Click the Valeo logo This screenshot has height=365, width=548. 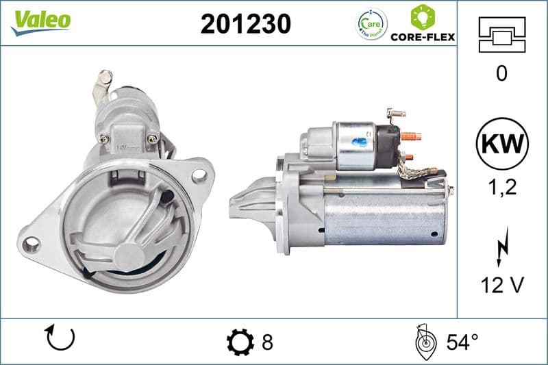point(40,20)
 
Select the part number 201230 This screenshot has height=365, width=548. point(245,24)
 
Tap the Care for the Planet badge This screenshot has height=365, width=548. point(372,24)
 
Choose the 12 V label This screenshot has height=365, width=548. point(501,286)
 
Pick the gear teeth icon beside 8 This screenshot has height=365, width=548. point(239,341)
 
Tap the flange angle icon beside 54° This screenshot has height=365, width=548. point(425,340)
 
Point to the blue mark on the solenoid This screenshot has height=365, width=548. point(358,142)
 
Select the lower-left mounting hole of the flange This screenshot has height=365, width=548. point(31,244)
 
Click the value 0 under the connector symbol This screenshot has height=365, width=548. point(501,73)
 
